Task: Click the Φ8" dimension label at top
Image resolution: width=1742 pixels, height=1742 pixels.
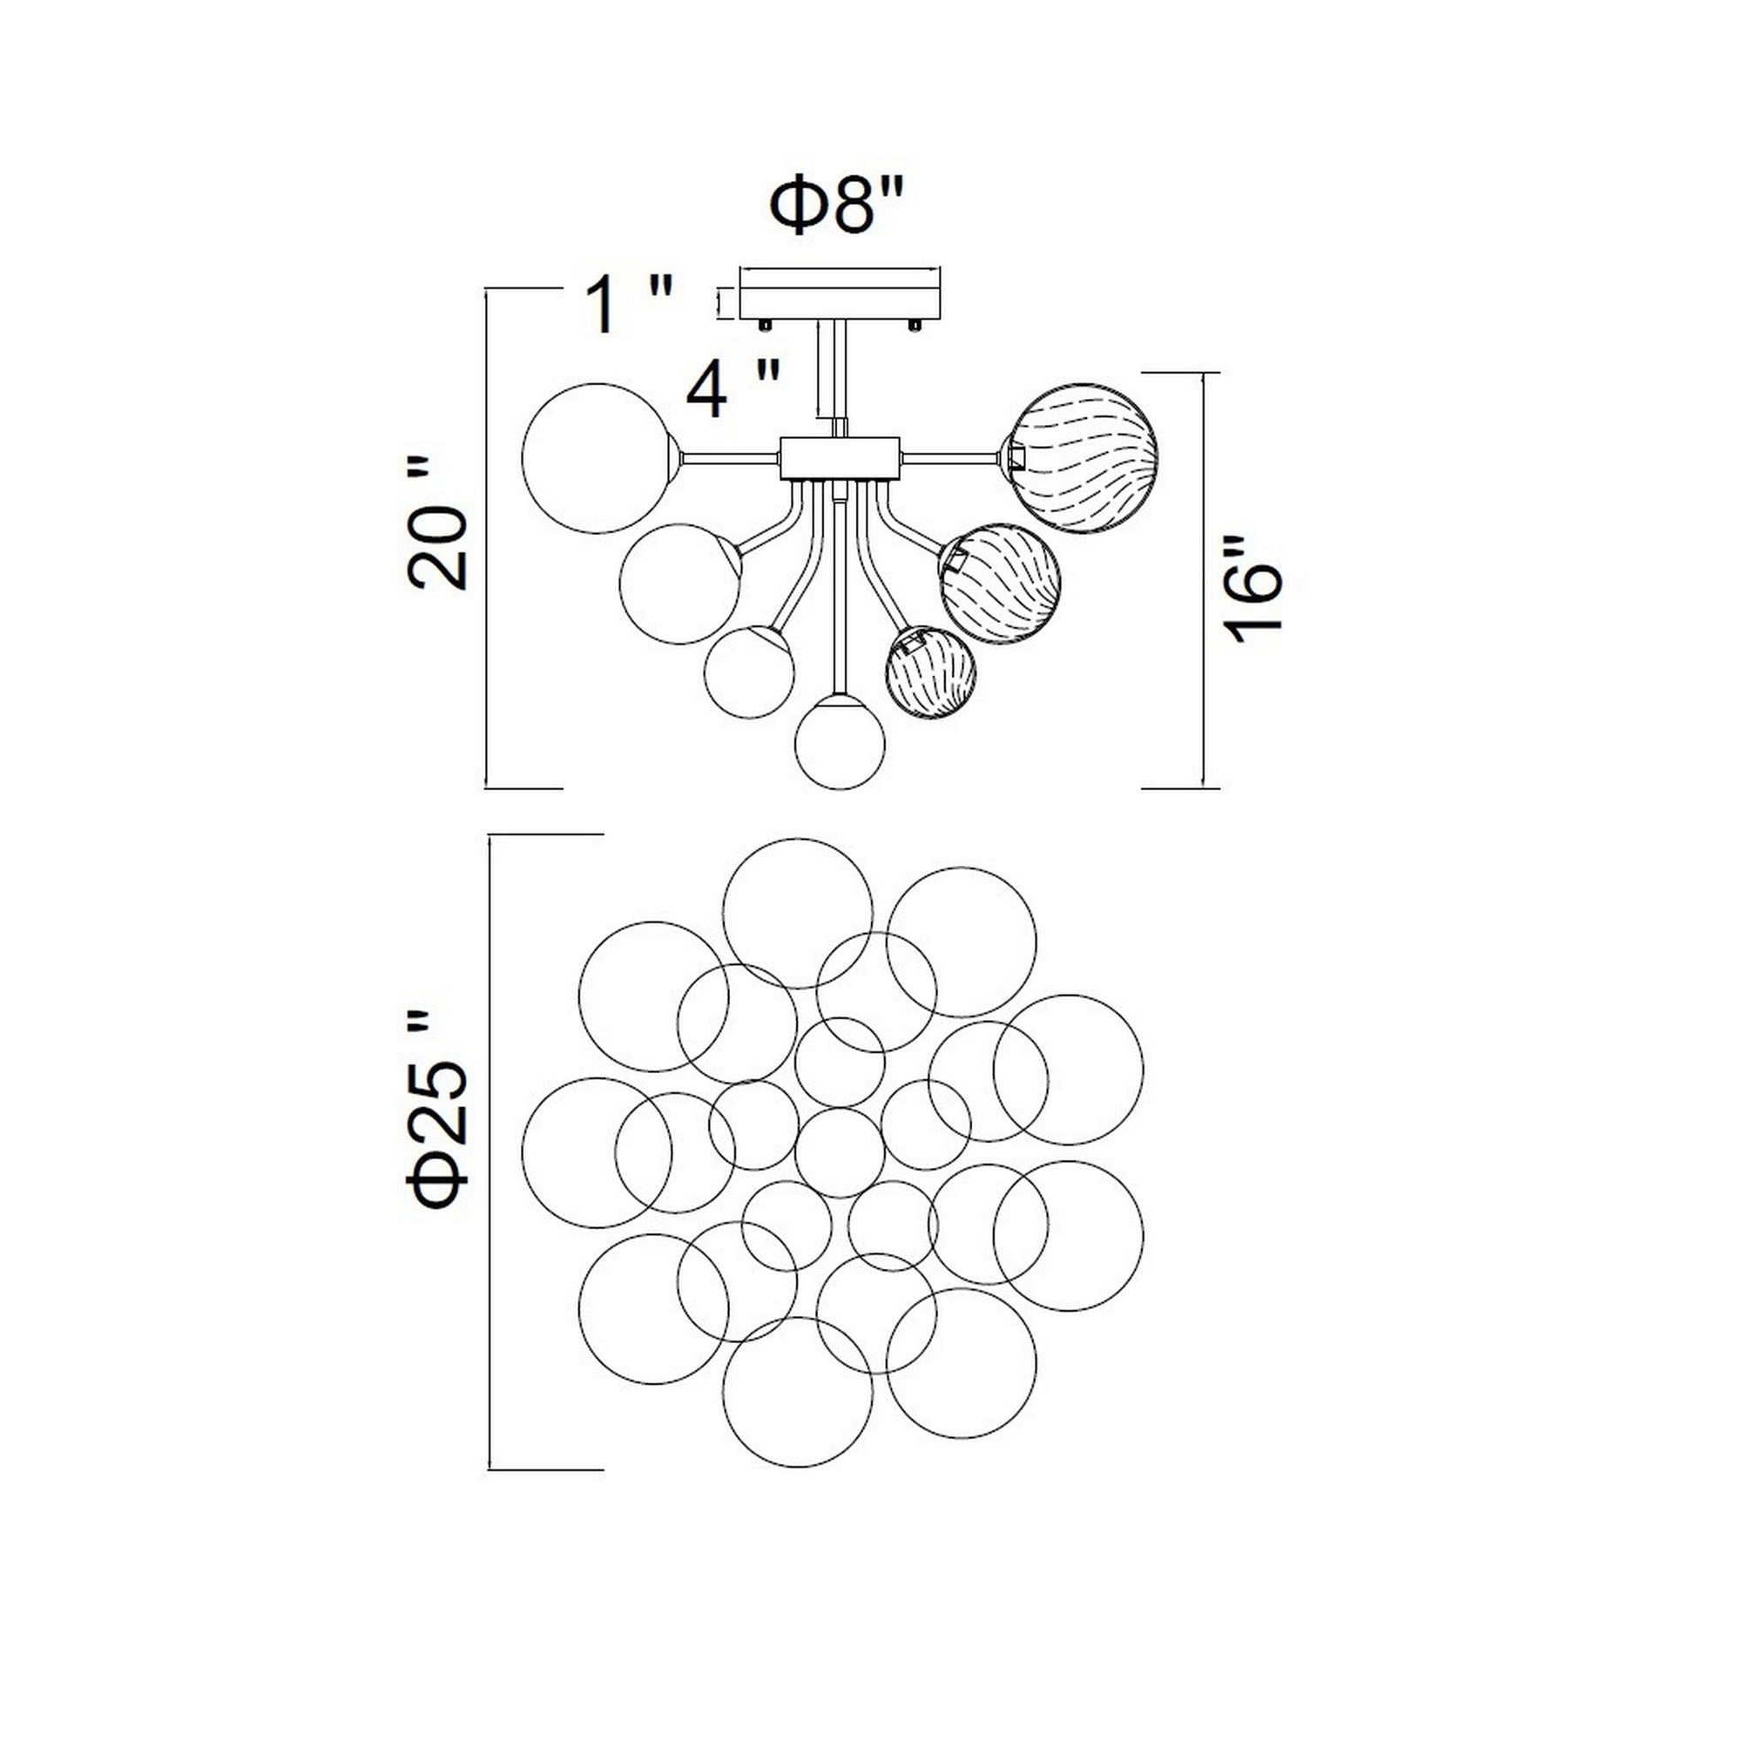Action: [x=836, y=208]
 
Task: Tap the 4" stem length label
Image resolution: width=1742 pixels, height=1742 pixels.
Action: [x=732, y=390]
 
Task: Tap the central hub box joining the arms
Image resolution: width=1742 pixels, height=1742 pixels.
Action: [x=840, y=458]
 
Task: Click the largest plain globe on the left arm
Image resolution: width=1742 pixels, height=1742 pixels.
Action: [x=597, y=458]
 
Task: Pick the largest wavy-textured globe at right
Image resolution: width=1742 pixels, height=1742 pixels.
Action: [x=1082, y=458]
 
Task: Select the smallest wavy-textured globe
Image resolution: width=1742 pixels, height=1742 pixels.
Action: [x=932, y=672]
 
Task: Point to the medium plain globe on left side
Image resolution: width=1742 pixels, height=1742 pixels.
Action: [x=680, y=584]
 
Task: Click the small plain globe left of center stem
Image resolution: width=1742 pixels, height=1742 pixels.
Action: [x=748, y=672]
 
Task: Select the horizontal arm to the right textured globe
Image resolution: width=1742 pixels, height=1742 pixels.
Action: [x=950, y=458]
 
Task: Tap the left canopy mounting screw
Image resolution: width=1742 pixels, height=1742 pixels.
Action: [x=765, y=324]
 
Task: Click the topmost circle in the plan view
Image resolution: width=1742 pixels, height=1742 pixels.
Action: [x=798, y=914]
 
